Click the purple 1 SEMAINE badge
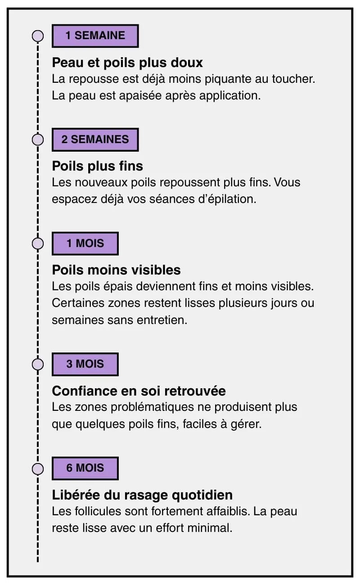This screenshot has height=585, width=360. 95,36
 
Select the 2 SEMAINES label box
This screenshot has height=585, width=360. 95,139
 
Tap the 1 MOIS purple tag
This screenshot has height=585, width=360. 85,243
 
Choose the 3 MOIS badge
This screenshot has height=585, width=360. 85,364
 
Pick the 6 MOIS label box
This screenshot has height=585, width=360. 85,468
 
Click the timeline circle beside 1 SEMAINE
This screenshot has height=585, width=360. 38,36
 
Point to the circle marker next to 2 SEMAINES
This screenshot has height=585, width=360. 38,139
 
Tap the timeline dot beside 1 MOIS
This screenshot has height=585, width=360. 38,243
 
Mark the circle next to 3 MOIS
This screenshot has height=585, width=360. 38,364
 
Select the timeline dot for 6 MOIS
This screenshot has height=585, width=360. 38,468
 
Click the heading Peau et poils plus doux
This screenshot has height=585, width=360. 127,63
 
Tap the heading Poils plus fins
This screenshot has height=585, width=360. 98,166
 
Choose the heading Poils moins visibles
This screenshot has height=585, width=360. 116,270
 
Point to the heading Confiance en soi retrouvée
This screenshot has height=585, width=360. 139,391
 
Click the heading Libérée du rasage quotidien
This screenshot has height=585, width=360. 142,495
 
